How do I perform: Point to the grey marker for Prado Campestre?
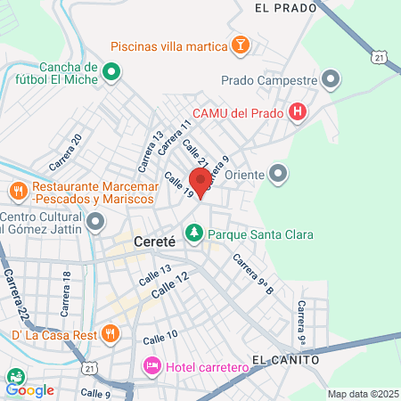331,80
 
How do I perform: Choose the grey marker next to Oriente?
279,173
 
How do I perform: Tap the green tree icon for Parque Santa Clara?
193,233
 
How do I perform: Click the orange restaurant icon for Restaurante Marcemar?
18,190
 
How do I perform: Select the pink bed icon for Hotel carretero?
151,365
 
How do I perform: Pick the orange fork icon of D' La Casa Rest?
110,333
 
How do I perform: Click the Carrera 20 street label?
66,152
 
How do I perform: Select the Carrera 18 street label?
67,293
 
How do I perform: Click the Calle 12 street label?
170,284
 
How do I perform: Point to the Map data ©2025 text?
362,394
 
